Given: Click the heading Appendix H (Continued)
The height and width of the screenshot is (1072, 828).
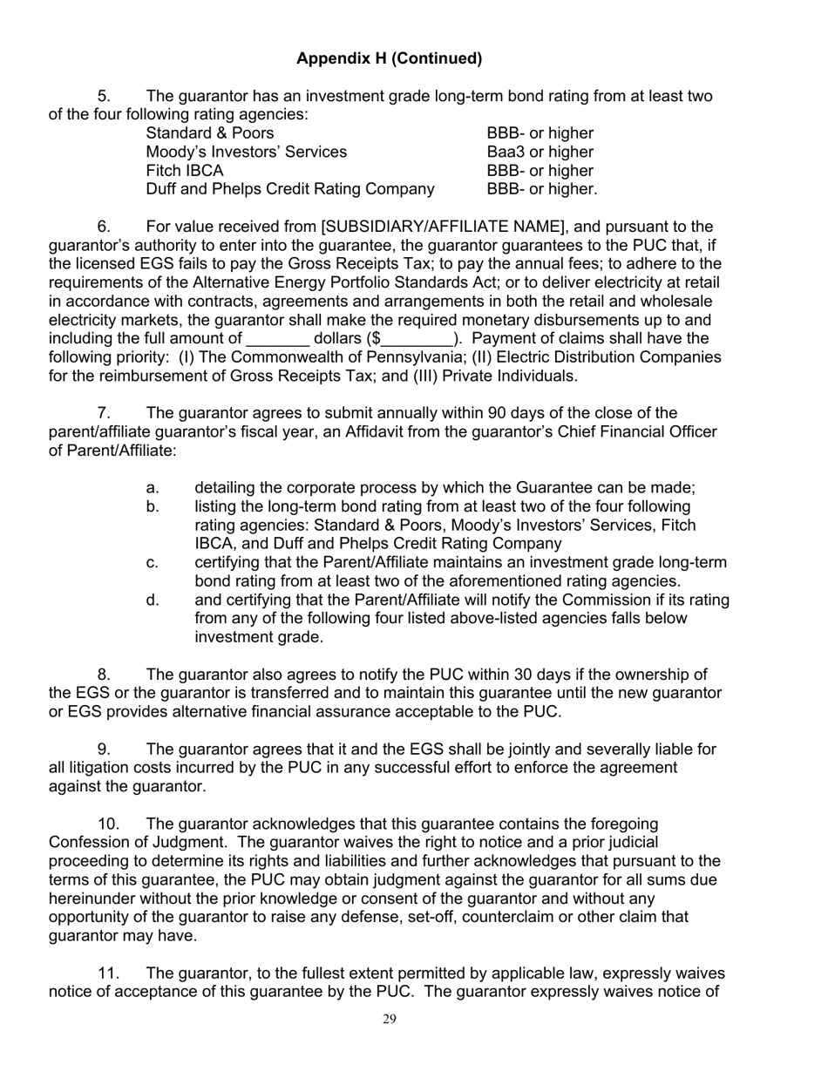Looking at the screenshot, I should pyautogui.click(x=389, y=58).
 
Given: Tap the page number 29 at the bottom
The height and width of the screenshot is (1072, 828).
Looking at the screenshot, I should pyautogui.click(x=390, y=1020).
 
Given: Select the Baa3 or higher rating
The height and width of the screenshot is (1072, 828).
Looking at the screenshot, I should pyautogui.click(x=540, y=152).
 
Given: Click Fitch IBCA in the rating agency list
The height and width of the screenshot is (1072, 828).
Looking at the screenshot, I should pyautogui.click(x=184, y=171).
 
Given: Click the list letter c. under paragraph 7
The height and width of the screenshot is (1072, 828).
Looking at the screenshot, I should pyautogui.click(x=153, y=563).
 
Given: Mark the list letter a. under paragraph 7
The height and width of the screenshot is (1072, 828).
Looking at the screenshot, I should pyautogui.click(x=153, y=488).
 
